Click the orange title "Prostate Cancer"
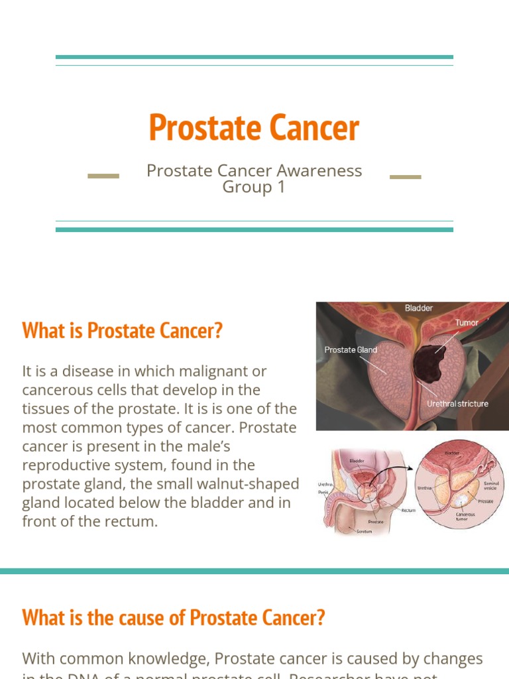click(254, 127)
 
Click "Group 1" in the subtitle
click(254, 187)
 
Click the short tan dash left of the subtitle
click(103, 176)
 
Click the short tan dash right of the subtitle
click(406, 177)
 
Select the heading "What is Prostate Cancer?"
click(122, 330)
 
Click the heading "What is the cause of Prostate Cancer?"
click(174, 618)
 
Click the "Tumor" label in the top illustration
click(467, 323)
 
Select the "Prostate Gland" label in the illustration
click(351, 349)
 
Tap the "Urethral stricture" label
click(458, 403)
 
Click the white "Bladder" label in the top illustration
click(419, 308)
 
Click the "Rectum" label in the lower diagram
click(408, 511)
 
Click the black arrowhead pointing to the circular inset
click(411, 469)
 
